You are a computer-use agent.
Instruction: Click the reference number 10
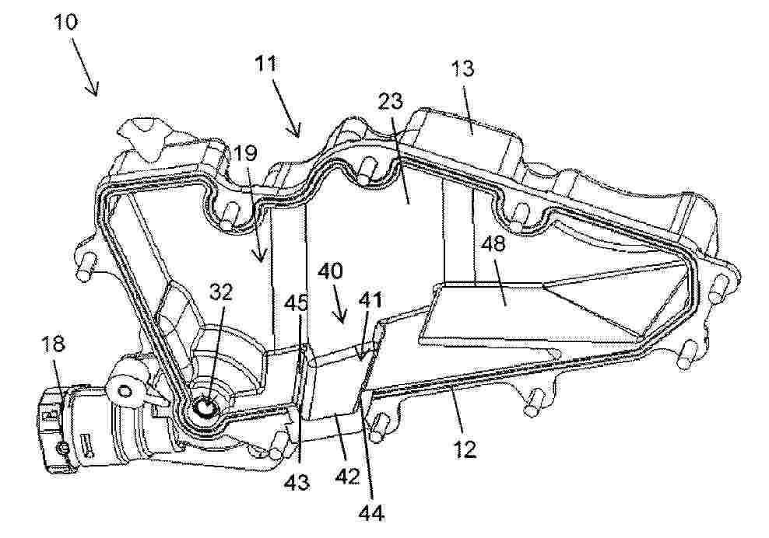(66, 22)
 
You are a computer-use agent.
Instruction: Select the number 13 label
(463, 68)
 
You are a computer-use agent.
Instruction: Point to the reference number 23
(391, 101)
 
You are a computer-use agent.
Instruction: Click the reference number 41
(370, 299)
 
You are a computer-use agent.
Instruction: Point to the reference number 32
(222, 292)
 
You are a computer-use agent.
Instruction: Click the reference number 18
(54, 344)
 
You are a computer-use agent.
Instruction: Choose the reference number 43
(297, 483)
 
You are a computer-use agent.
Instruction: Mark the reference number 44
(371, 513)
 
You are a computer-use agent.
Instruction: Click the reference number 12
(465, 449)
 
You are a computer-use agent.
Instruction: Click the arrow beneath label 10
(86, 66)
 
